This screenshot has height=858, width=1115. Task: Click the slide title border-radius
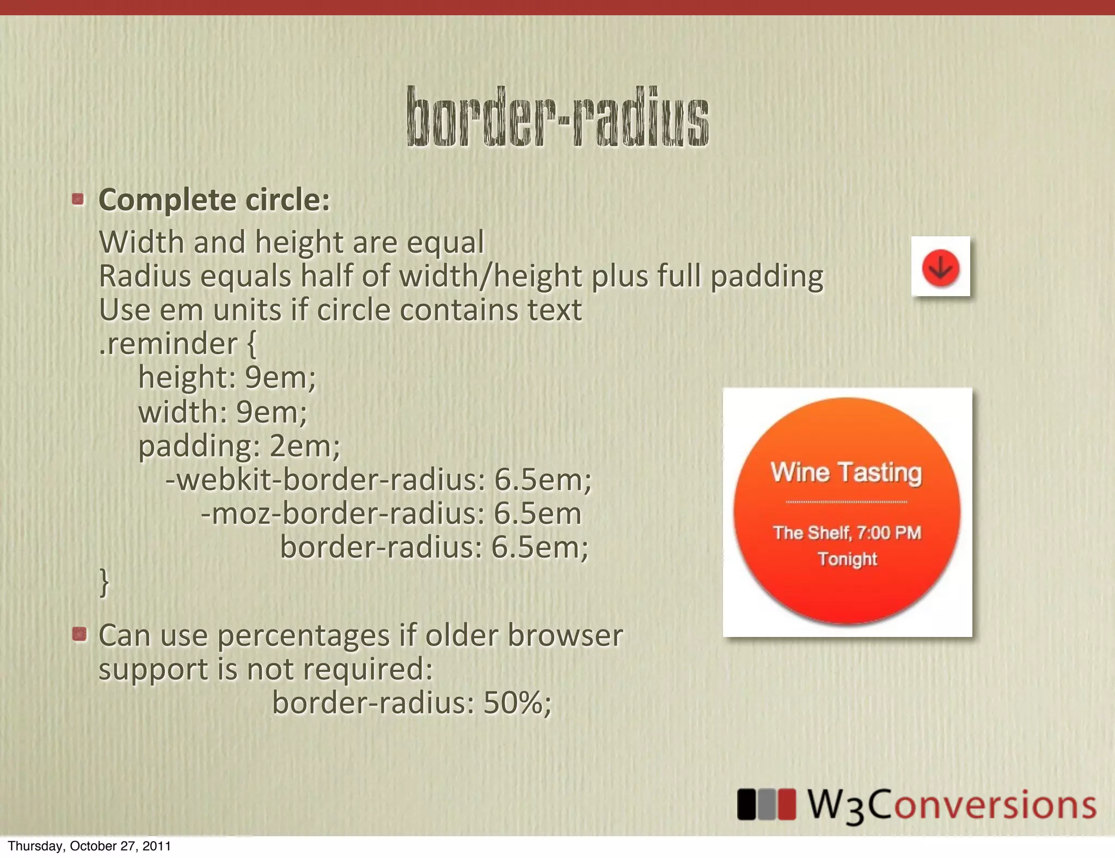(557, 117)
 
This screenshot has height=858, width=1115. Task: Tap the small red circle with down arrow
(940, 268)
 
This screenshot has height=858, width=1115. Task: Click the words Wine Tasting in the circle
(846, 472)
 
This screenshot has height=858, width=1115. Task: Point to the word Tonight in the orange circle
(847, 559)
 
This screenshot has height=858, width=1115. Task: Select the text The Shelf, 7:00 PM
(847, 532)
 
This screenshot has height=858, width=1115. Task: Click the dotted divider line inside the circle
(847, 502)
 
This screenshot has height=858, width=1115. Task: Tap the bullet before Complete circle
(78, 199)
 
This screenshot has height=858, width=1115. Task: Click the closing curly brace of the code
(104, 583)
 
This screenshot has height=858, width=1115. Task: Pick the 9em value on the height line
(279, 377)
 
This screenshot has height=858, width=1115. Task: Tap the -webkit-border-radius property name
(324, 480)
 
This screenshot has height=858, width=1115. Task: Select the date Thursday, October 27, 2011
(89, 846)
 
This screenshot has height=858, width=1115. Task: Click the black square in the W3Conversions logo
(746, 804)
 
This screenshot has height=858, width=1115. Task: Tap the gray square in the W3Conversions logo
(766, 804)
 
